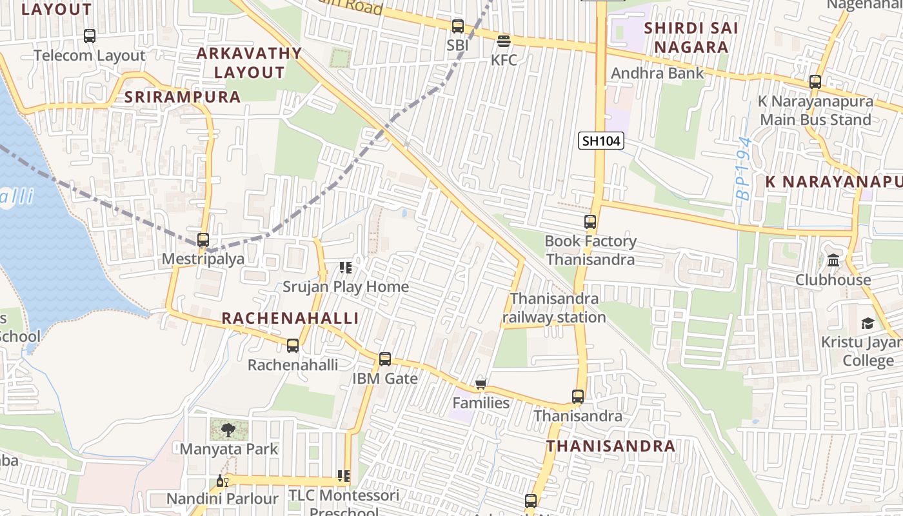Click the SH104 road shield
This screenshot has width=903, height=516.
[x=600, y=141]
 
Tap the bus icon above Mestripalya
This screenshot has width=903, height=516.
[x=203, y=240]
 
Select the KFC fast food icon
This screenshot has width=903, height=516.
[x=504, y=41]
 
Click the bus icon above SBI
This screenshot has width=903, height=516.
[x=458, y=26]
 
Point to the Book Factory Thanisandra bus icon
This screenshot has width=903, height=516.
[x=590, y=222]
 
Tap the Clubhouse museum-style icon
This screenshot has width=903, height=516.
[x=833, y=261]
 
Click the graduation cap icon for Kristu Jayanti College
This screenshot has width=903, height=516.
[x=868, y=323]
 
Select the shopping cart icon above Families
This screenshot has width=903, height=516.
[x=481, y=385]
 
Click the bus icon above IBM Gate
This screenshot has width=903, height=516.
[x=385, y=359]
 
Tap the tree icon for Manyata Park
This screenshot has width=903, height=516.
[x=228, y=430]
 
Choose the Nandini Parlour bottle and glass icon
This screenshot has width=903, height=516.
[x=223, y=481]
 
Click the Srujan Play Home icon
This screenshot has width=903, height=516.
[x=346, y=267]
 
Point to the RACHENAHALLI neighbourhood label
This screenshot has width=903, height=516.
[x=290, y=318]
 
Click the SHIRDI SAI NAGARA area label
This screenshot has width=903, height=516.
[x=691, y=37]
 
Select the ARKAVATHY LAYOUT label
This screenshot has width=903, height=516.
[x=249, y=63]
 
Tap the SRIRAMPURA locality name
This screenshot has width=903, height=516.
[x=183, y=97]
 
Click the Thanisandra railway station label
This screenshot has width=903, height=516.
[x=554, y=308]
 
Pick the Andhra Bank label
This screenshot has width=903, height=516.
[x=657, y=73]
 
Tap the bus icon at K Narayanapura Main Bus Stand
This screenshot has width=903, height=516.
[x=815, y=82]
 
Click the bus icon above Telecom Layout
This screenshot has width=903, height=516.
[x=90, y=36]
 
